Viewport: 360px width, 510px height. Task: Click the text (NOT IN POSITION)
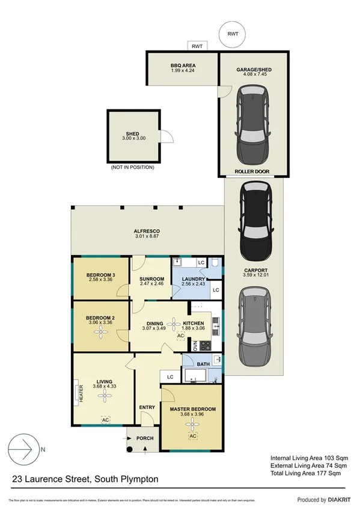[x=132, y=167]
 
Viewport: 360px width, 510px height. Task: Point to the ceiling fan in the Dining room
[x=174, y=325]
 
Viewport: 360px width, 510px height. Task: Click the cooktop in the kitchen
[x=204, y=346]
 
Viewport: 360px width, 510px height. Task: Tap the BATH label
[x=203, y=364]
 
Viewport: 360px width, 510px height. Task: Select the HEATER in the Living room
[x=79, y=393]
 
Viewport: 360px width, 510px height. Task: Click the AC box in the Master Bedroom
[x=192, y=436]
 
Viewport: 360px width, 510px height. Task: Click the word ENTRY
[x=147, y=407]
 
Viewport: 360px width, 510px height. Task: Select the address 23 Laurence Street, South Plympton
[x=86, y=479]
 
